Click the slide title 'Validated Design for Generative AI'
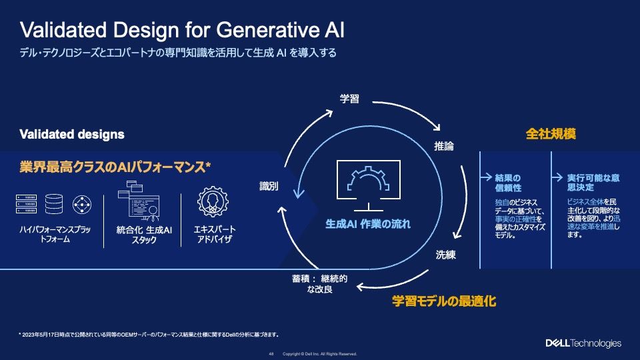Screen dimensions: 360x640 182,30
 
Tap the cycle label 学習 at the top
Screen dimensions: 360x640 349,99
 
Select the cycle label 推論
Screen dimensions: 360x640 443,146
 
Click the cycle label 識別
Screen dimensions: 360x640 269,187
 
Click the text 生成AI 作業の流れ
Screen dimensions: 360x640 368,224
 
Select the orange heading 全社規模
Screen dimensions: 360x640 551,134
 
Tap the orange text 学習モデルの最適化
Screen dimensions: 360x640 443,301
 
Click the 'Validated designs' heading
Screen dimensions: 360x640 72,134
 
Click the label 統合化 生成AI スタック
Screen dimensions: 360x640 144,235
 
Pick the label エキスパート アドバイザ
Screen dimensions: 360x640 214,235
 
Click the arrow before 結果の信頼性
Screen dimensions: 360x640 486,178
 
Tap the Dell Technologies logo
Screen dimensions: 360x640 583,343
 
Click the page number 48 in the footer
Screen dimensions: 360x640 271,353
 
